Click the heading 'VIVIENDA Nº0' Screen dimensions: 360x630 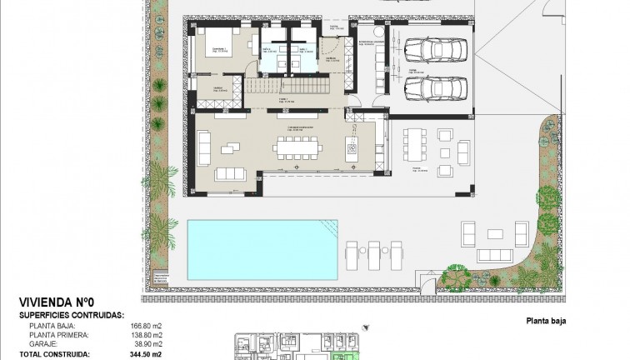tap(55, 302)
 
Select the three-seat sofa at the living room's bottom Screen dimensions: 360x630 tap(231, 173)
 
